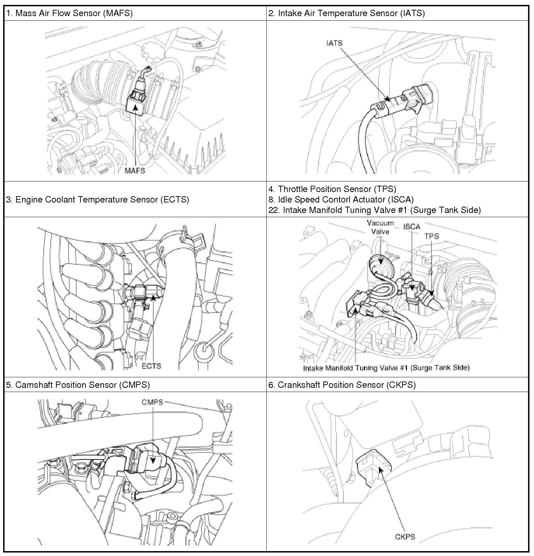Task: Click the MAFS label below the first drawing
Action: point(135,171)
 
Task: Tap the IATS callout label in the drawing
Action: point(334,43)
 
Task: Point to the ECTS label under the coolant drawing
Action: point(151,366)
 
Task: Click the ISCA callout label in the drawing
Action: point(412,227)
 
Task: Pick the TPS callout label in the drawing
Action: point(431,236)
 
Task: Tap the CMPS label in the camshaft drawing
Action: point(152,402)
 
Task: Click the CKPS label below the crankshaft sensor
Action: point(405,536)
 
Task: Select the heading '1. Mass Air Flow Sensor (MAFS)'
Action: point(69,14)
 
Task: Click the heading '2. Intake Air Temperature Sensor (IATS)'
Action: point(346,14)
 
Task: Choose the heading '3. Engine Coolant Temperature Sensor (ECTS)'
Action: point(98,199)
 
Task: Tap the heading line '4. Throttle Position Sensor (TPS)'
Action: point(332,189)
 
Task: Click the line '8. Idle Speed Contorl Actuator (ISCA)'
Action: point(341,199)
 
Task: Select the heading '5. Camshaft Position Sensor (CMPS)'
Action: point(78,385)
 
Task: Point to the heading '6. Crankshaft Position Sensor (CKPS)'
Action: point(342,385)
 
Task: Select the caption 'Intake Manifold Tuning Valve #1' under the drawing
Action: point(386,368)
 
